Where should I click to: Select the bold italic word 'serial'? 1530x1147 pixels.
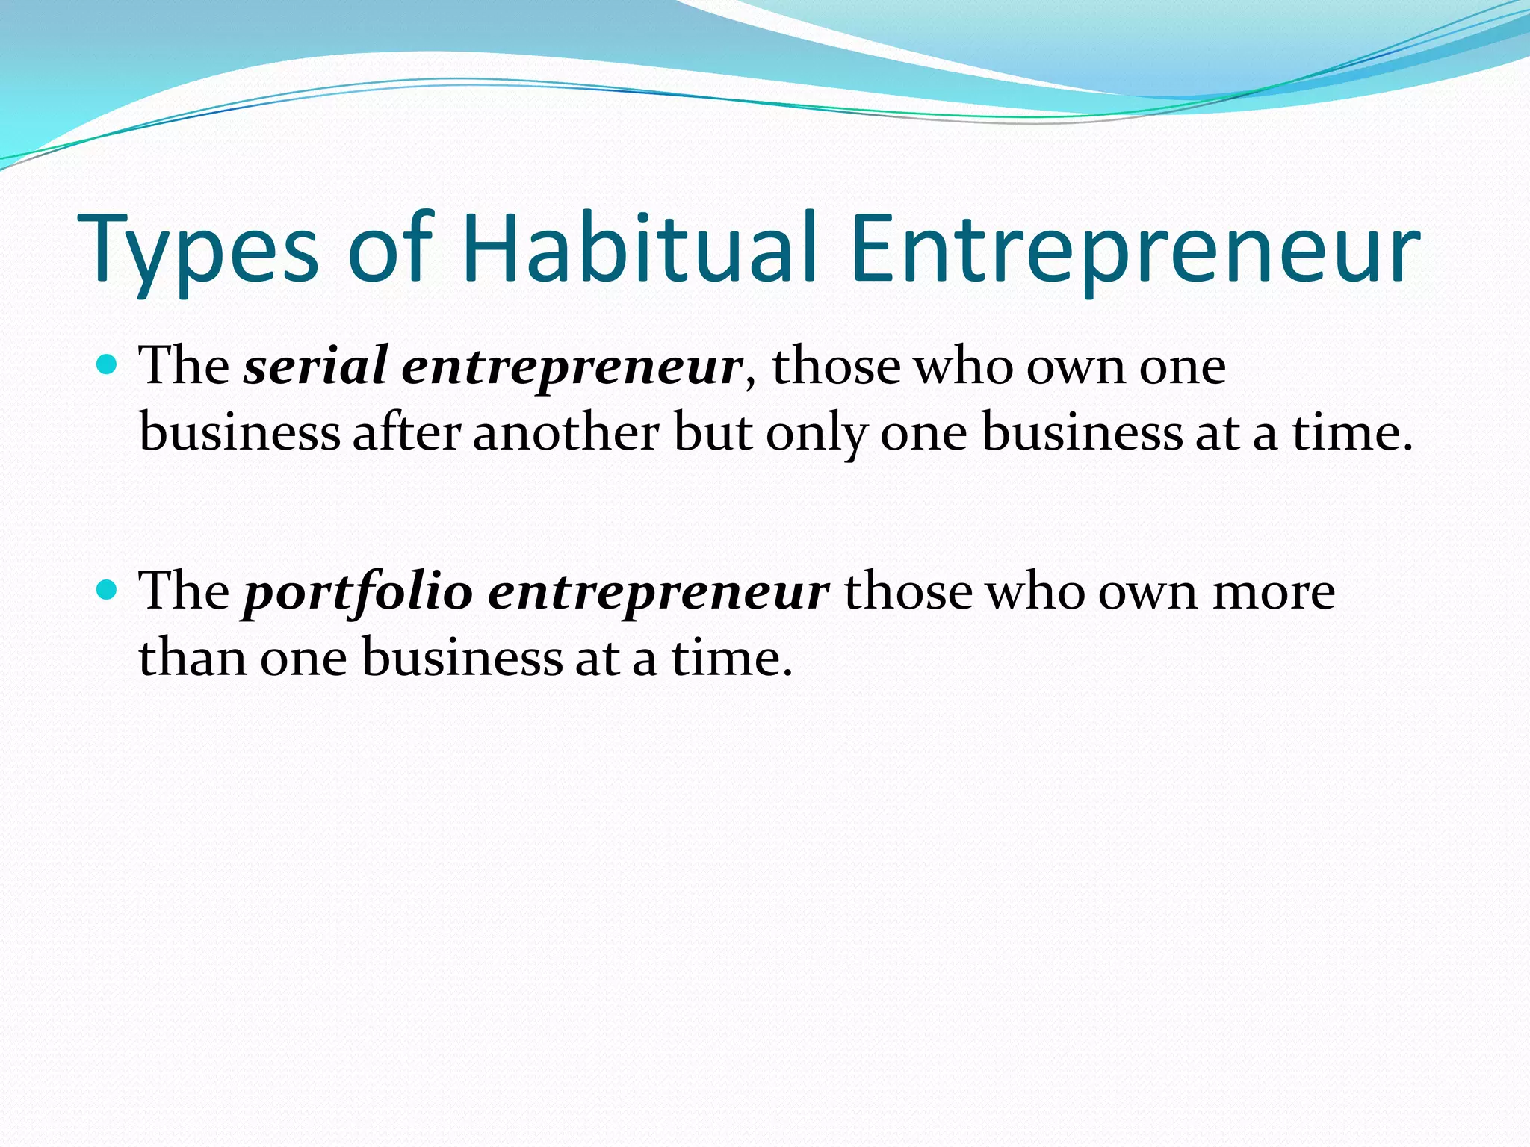coord(315,366)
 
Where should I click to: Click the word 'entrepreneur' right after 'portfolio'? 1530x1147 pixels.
coord(658,592)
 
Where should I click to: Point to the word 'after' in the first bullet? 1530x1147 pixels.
coord(406,432)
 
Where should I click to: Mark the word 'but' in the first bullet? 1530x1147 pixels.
coord(713,432)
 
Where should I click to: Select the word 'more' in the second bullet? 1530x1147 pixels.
coord(1273,592)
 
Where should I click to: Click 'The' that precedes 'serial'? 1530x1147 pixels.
coord(185,366)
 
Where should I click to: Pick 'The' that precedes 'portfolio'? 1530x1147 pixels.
coord(185,591)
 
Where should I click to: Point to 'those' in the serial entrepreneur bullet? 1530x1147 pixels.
coord(836,366)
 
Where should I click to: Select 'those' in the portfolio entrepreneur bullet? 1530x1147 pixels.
coord(908,591)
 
